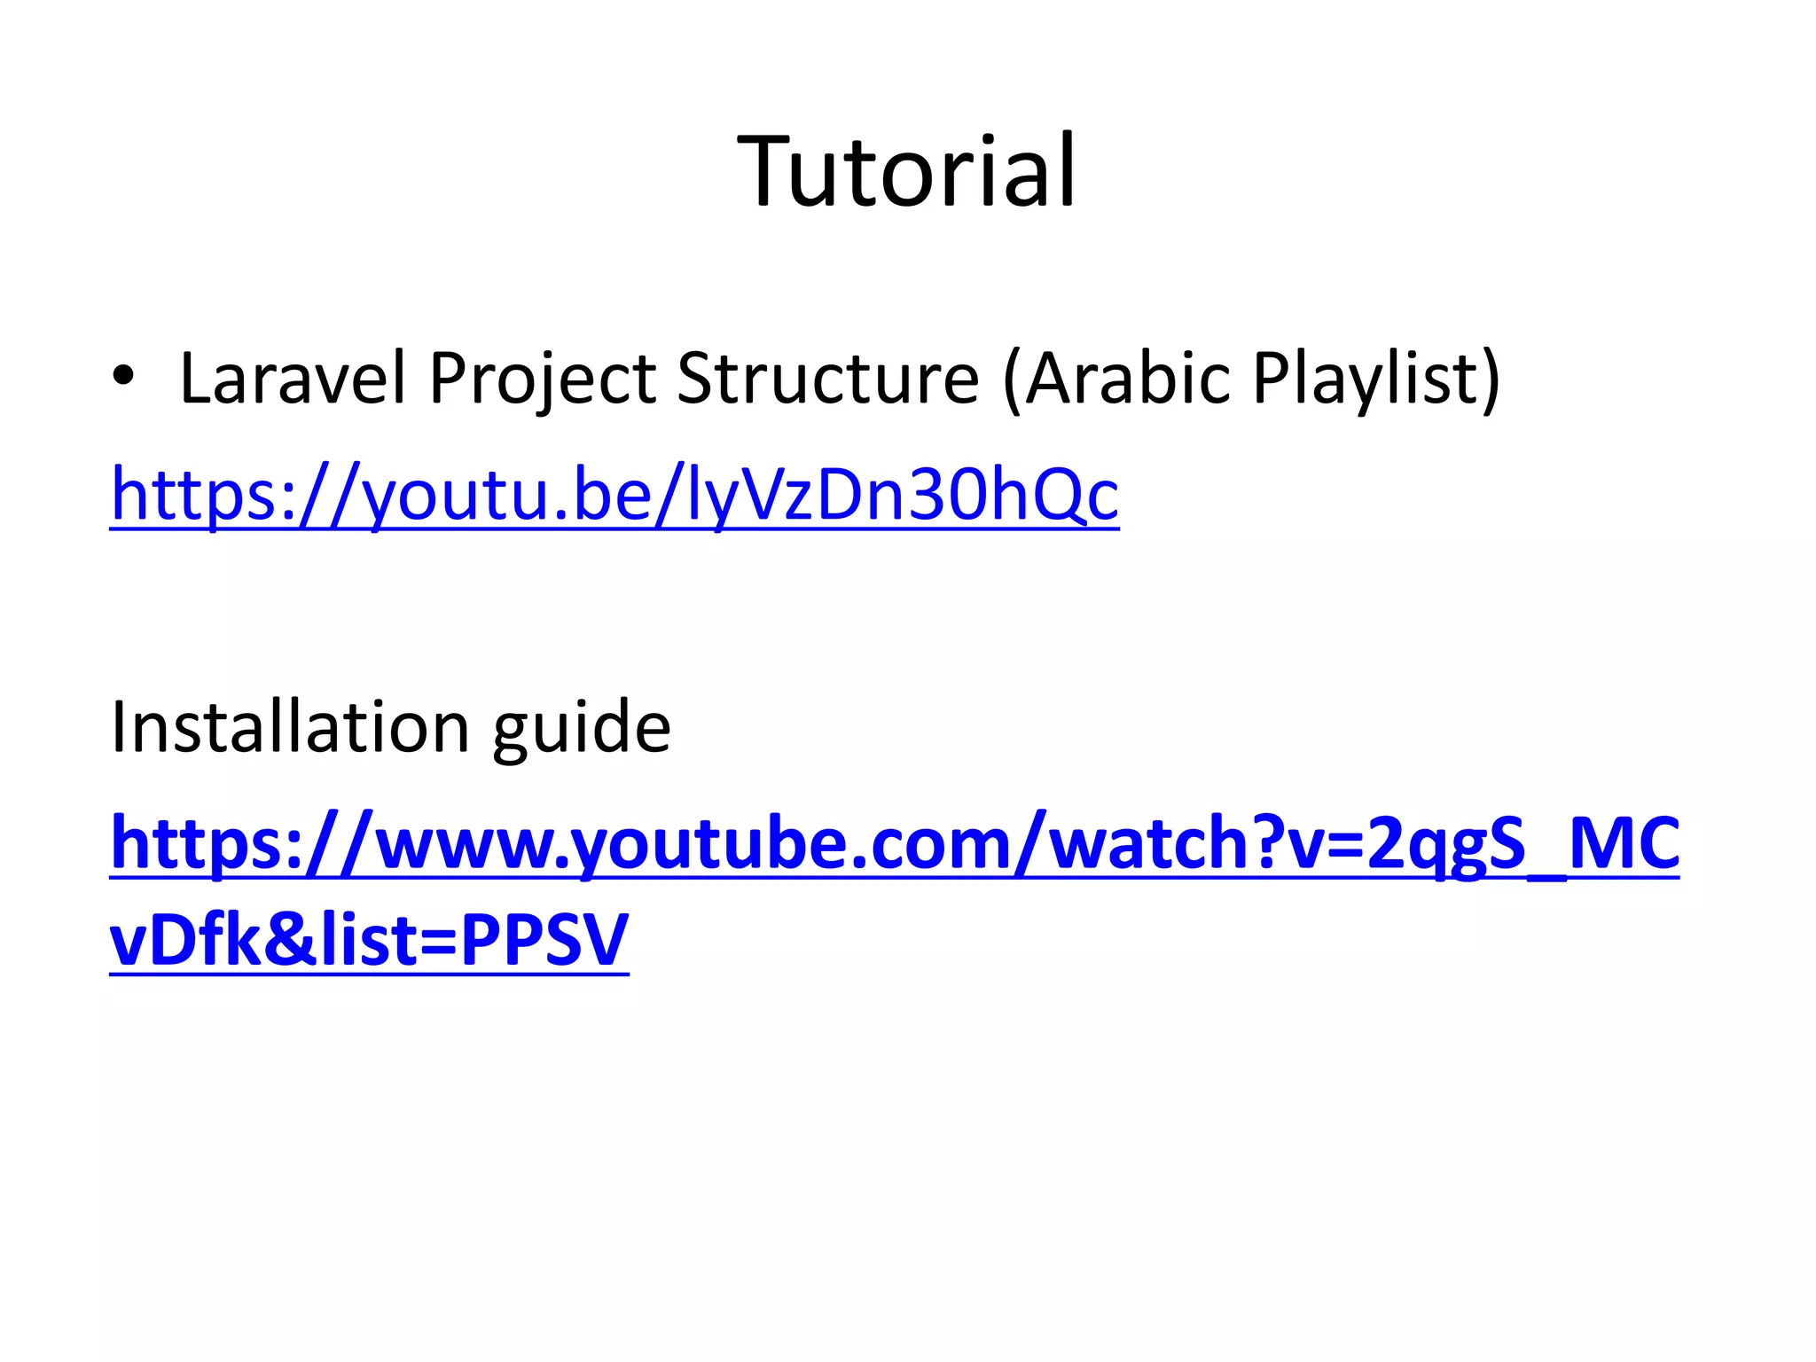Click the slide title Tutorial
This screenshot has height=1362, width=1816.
(x=906, y=171)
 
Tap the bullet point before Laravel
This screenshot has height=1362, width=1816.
(x=123, y=377)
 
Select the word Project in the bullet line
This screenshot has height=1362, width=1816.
(x=542, y=379)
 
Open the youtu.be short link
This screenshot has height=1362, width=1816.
(x=614, y=495)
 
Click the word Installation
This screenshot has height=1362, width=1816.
(x=289, y=727)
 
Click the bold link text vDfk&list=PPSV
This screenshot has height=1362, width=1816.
(x=369, y=940)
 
